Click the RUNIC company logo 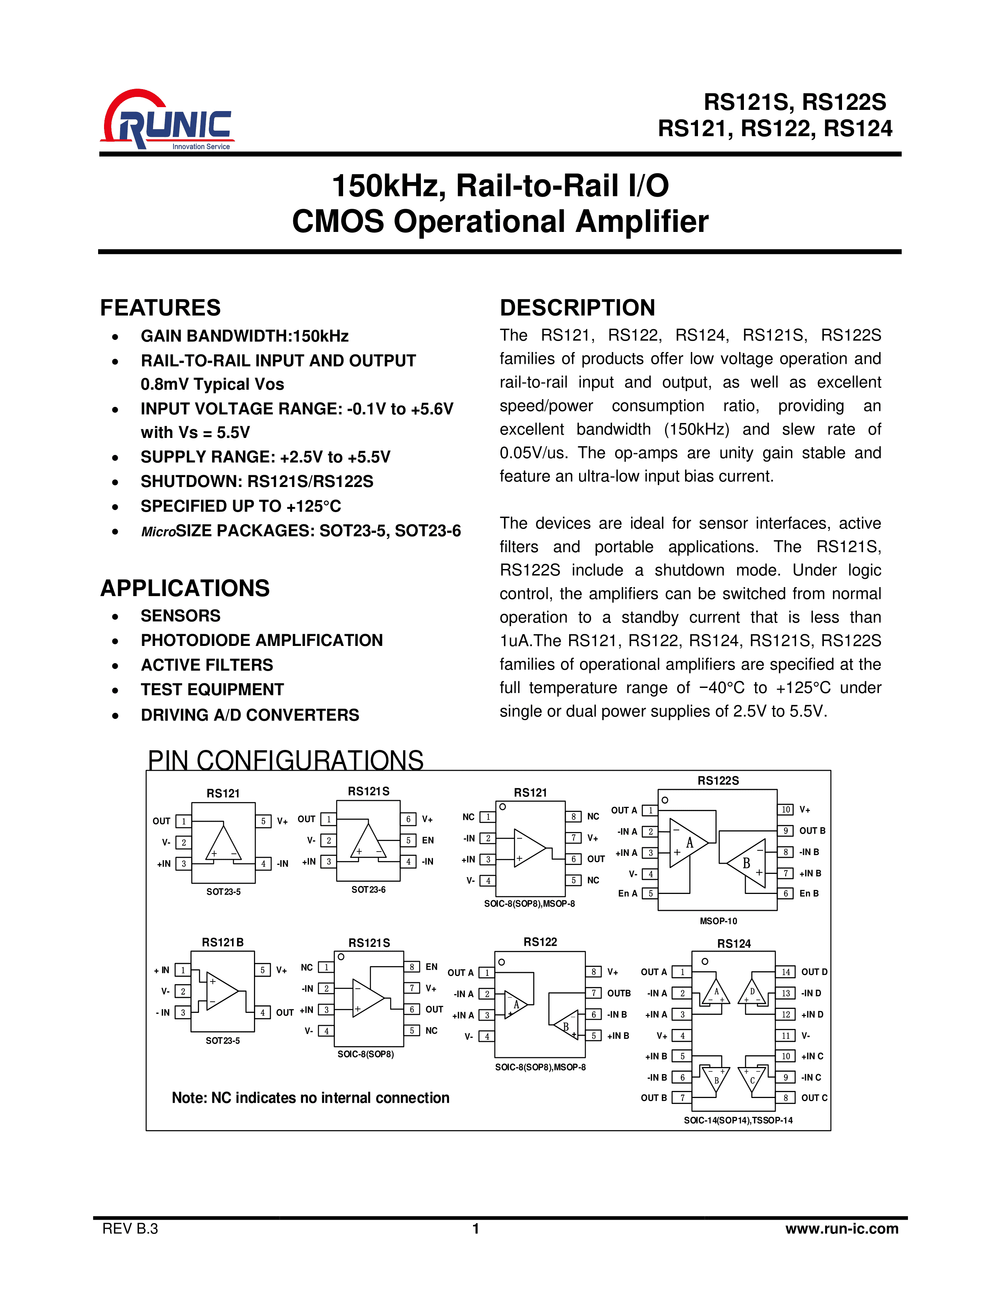coord(168,120)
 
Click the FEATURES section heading coord(160,308)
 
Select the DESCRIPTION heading coord(577,308)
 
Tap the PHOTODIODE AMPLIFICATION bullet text coord(261,640)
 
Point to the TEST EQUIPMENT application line coord(212,689)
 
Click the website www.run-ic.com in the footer coord(842,1229)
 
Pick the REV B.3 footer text coord(130,1229)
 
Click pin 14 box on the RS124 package coord(785,972)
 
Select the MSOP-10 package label coord(718,921)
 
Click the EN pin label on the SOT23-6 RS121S coord(427,840)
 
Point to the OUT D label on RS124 coord(814,972)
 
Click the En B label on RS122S coord(809,894)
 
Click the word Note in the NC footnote coord(188,1098)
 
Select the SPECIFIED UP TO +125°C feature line coord(241,506)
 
